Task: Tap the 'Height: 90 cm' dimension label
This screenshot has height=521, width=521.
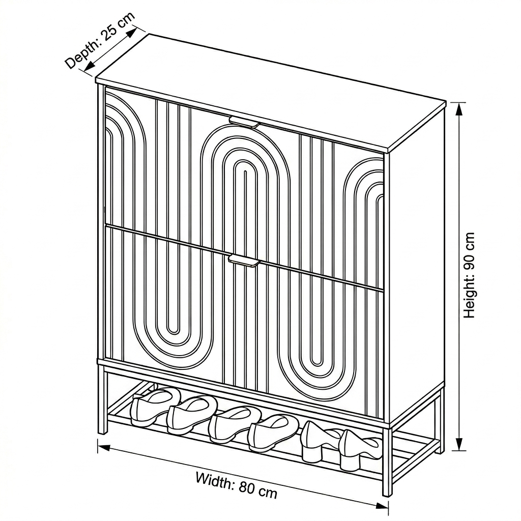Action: point(470,275)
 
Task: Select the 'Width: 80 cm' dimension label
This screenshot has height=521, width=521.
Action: point(236,485)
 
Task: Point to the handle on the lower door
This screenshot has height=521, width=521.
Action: point(244,260)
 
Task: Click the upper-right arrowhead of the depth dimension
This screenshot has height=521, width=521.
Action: point(132,32)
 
